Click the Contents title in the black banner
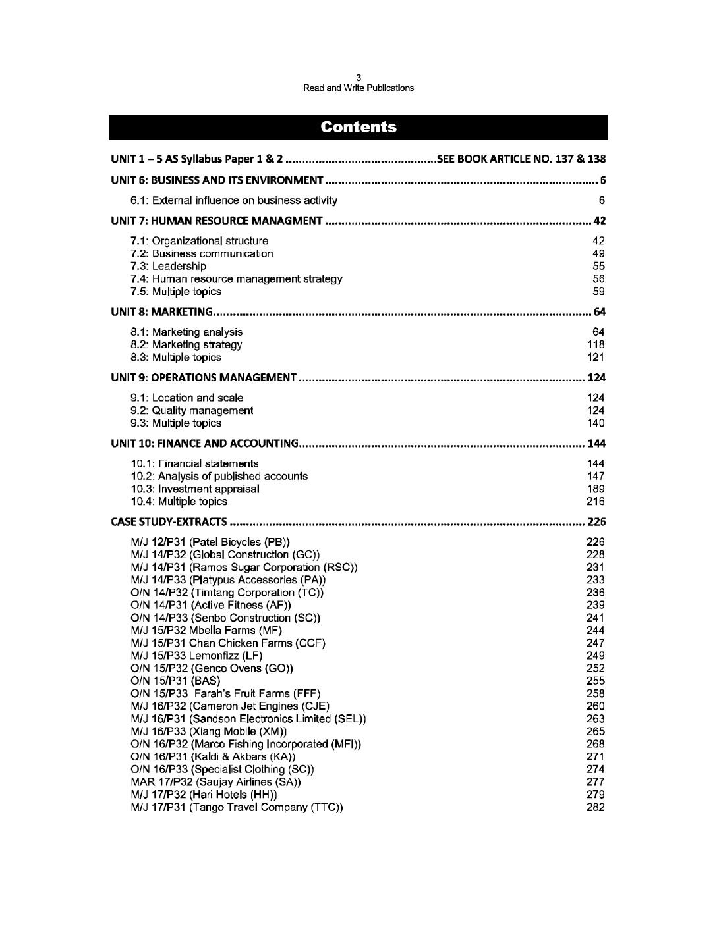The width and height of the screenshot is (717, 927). click(x=358, y=127)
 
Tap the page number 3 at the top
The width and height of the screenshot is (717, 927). click(x=358, y=78)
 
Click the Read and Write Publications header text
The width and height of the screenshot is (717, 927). click(x=358, y=88)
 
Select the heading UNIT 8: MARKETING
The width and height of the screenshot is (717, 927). click(x=161, y=311)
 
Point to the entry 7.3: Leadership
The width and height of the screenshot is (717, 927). click(x=168, y=266)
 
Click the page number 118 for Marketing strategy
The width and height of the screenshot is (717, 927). click(x=596, y=344)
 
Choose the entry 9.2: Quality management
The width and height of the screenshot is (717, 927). click(x=192, y=410)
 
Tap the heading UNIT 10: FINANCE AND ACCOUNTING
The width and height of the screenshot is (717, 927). click(x=204, y=443)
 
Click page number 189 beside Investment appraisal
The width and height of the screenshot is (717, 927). click(x=596, y=489)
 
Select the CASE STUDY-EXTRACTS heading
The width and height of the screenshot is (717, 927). click(x=169, y=522)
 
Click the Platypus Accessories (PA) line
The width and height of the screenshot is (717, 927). click(x=228, y=580)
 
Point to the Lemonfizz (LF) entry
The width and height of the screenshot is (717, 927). click(x=196, y=655)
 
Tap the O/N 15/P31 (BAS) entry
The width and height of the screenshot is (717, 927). click(x=175, y=680)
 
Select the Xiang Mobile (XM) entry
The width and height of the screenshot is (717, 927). click(x=208, y=731)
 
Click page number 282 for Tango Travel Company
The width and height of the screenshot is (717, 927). click(x=596, y=807)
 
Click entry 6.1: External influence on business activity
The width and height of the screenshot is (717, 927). click(x=233, y=200)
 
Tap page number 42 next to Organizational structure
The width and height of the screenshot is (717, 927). click(x=598, y=241)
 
